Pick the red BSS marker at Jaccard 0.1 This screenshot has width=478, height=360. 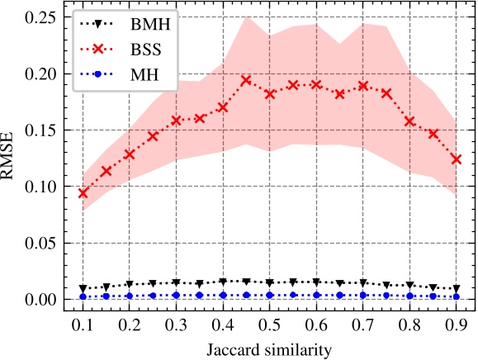83,192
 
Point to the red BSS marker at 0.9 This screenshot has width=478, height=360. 457,159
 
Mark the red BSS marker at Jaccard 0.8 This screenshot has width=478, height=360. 409,121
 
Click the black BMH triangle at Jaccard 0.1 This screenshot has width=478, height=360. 83,289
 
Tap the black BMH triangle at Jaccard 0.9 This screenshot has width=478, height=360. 457,289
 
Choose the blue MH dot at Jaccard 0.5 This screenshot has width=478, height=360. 269,295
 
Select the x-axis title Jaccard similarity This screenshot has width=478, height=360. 269,349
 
